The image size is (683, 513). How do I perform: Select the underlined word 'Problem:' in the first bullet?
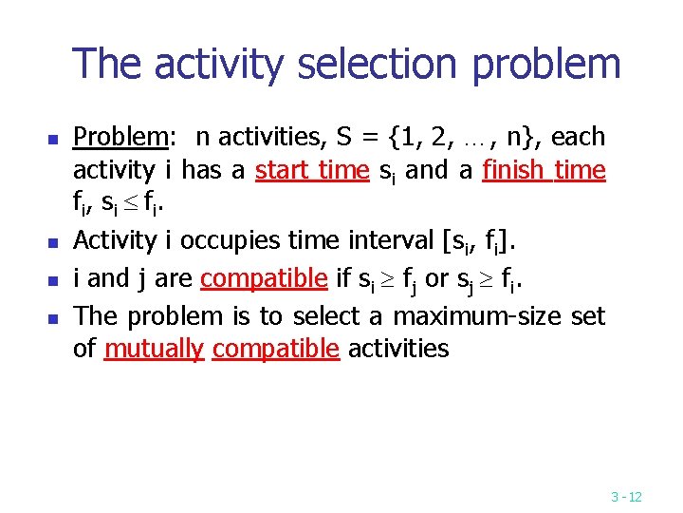pyautogui.click(x=121, y=138)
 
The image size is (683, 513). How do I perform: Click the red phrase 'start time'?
pyautogui.click(x=313, y=171)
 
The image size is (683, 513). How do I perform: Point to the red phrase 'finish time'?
pyautogui.click(x=543, y=171)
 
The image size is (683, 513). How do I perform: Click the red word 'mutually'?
pyautogui.click(x=154, y=350)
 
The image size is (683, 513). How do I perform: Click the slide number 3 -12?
pyautogui.click(x=626, y=497)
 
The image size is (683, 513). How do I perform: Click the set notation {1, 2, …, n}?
pyautogui.click(x=453, y=138)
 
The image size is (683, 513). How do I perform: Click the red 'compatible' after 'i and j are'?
pyautogui.click(x=264, y=278)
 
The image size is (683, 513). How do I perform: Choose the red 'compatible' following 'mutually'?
pyautogui.click(x=275, y=350)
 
